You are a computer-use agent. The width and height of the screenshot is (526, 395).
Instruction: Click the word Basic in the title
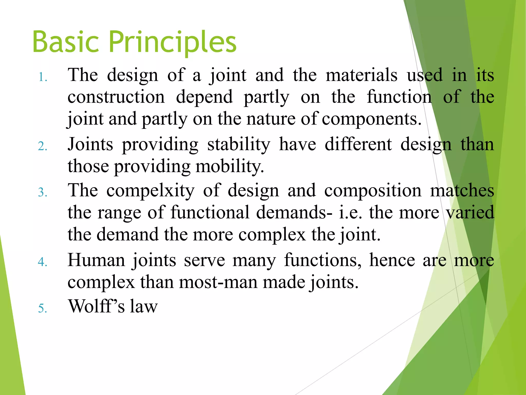coord(65,42)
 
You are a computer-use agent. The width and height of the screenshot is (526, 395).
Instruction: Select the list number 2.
coord(43,146)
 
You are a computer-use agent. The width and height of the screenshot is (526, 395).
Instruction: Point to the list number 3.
coord(43,192)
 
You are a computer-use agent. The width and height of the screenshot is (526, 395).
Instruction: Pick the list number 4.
coord(43,262)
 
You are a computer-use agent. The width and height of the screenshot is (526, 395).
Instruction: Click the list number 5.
coord(43,308)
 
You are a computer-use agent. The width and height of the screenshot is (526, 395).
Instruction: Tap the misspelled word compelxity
coord(151,191)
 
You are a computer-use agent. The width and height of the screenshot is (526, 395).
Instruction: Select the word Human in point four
coord(96,260)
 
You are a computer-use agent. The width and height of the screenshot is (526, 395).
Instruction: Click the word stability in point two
coord(239,145)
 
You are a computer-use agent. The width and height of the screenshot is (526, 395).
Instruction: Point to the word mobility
coord(230,167)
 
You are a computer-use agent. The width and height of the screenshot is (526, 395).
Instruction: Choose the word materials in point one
coord(362,75)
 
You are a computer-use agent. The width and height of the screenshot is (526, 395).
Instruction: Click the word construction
coord(116,97)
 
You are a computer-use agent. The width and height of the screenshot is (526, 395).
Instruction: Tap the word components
coord(371,119)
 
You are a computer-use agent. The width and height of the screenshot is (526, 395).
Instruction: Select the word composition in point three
coord(373,191)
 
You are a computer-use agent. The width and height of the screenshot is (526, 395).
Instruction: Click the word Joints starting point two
coord(90,145)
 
